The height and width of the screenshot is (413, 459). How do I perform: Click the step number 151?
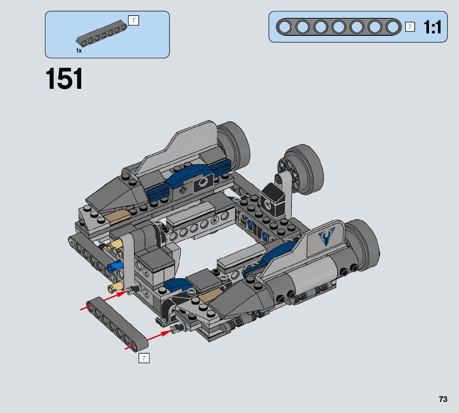click(x=64, y=78)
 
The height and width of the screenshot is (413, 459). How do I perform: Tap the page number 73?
click(x=443, y=399)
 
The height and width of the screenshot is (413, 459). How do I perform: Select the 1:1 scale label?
click(x=432, y=27)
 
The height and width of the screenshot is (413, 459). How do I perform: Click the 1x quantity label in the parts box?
click(x=79, y=51)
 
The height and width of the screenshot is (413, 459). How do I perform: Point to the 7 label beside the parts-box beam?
click(x=134, y=20)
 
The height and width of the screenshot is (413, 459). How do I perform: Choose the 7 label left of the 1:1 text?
click(x=410, y=27)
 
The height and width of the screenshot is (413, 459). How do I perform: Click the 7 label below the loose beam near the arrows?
click(x=144, y=358)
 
